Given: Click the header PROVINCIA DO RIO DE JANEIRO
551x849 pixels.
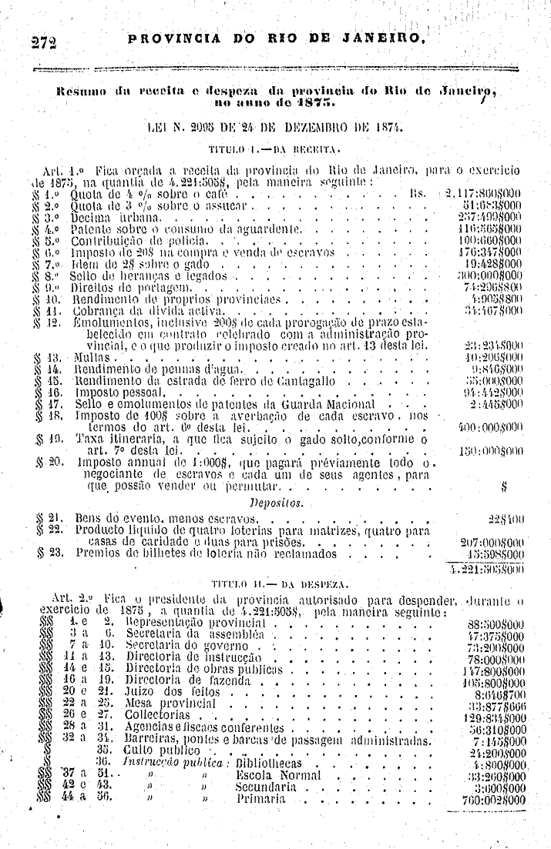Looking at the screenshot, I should (277, 37).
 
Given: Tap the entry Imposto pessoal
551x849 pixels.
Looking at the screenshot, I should (116, 392).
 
